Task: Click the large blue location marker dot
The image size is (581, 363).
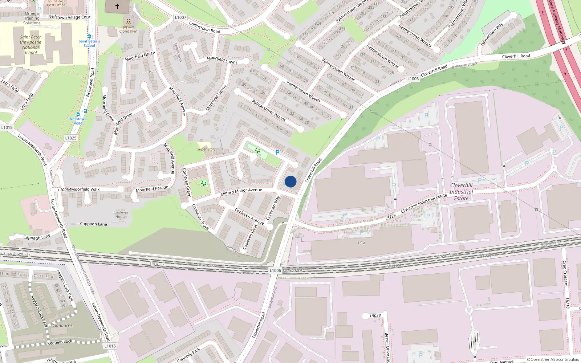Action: point(290,181)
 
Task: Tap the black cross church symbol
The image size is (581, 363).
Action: point(117,6)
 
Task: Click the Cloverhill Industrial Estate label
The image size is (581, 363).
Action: point(461,192)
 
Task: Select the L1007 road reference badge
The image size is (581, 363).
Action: point(180,17)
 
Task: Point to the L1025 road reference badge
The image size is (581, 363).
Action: point(71,138)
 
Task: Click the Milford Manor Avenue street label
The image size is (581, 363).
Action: point(241,192)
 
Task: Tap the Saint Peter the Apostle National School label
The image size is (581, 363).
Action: point(31,45)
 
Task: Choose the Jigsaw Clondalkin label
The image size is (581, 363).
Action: point(128,29)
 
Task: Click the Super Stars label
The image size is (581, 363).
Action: point(206,149)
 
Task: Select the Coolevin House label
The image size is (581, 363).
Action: point(121,215)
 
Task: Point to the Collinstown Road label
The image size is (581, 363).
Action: point(204,27)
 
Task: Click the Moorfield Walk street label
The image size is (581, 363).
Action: point(85,189)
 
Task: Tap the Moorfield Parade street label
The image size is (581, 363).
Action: point(152,189)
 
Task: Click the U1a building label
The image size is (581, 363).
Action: point(361,243)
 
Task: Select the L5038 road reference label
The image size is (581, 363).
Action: point(375,315)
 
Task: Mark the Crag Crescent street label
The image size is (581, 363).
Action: point(565,274)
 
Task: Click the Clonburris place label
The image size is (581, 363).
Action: point(62,325)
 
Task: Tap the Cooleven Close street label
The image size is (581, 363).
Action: point(249,236)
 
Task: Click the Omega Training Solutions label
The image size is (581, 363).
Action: point(32,18)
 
